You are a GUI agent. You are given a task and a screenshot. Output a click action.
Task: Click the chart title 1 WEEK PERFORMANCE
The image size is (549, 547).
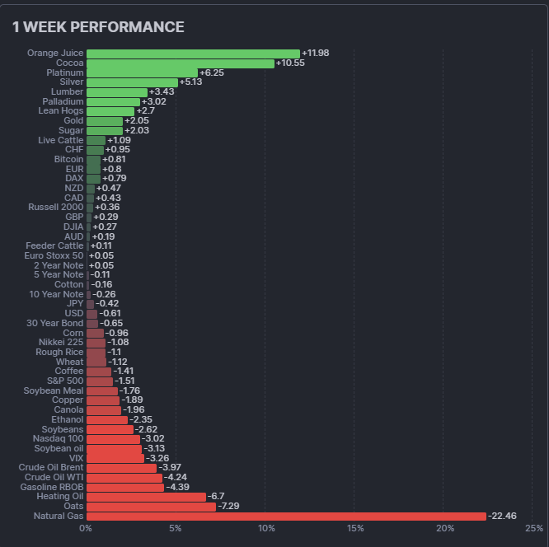(98, 27)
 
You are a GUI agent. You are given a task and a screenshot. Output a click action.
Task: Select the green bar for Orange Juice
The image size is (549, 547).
(193, 54)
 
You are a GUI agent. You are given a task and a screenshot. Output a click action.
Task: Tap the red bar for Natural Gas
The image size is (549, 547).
(286, 517)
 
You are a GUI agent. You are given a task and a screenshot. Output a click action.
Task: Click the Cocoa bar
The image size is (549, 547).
(180, 63)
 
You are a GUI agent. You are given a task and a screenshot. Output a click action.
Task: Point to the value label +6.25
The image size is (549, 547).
(212, 72)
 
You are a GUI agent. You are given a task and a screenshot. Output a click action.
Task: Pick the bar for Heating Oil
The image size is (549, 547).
(146, 497)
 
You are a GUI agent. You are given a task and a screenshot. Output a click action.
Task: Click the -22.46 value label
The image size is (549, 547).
(503, 517)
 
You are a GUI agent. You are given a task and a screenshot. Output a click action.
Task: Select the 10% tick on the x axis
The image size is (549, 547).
(265, 528)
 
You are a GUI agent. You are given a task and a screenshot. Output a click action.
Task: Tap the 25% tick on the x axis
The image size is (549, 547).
(533, 528)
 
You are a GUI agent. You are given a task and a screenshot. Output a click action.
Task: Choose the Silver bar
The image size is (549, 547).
(132, 82)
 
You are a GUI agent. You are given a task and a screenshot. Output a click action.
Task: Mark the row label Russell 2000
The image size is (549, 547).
(55, 207)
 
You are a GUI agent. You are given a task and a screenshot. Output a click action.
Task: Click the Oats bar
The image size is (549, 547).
(151, 507)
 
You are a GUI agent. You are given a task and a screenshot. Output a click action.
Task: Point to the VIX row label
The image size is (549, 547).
(76, 458)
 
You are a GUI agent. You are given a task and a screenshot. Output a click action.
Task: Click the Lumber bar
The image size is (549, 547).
(116, 92)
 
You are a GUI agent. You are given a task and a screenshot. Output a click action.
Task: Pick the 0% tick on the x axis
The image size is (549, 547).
(86, 528)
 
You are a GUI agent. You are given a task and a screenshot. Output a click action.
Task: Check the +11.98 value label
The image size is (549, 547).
(316, 54)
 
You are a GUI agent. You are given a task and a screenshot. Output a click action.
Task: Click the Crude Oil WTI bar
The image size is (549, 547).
(124, 478)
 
